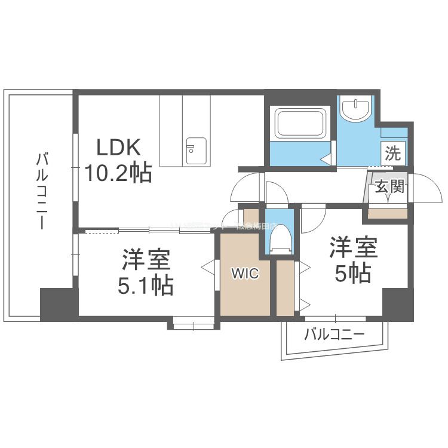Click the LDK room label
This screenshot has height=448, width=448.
click(119, 147)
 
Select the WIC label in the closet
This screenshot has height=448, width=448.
click(245, 274)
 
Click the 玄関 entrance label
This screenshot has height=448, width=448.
click(389, 187)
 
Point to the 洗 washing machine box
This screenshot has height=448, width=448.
click(393, 153)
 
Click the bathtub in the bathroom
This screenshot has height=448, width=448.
click(300, 123)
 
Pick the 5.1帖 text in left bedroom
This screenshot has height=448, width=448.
click(146, 286)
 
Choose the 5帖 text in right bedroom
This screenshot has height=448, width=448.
click(352, 273)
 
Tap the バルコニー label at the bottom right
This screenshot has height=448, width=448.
click(334, 335)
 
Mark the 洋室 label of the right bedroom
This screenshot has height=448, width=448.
click(353, 247)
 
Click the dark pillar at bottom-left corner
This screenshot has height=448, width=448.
click(59, 303)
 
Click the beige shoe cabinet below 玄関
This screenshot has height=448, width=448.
click(388, 213)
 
